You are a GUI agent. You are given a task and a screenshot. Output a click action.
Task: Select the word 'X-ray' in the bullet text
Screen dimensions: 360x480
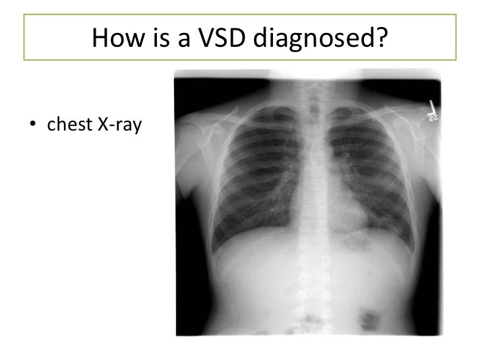[x=118, y=122]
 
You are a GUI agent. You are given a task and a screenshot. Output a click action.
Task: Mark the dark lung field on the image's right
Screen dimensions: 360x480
[x=369, y=165]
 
